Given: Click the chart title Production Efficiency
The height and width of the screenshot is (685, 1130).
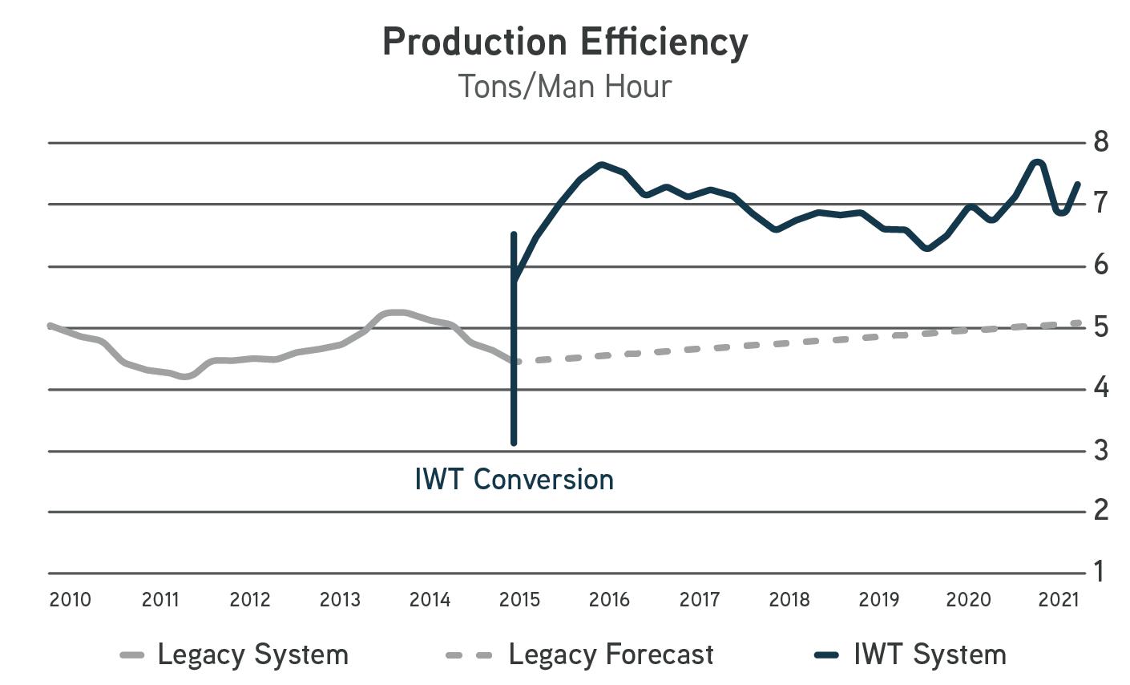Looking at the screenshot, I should point(565,42).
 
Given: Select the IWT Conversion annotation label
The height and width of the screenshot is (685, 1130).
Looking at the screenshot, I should point(515,480).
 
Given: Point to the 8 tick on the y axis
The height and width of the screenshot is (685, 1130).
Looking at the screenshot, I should point(1101,142).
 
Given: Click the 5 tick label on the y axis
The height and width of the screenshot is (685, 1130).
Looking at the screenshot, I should point(1101,327).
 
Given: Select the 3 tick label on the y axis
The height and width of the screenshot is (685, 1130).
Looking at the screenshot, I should point(1101,451).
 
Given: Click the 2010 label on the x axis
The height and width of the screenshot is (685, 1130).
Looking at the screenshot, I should point(71,599).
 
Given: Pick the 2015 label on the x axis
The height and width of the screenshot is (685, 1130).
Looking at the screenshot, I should point(519,599).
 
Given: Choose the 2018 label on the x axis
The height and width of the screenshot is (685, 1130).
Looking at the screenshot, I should point(789,599).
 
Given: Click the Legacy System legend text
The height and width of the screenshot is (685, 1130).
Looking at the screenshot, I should point(252,655).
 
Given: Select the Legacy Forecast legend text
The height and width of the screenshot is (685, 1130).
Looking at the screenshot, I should point(611,655).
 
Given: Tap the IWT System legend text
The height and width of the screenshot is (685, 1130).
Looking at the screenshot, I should point(930,655).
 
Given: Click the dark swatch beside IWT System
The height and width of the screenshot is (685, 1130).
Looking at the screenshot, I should point(826,655).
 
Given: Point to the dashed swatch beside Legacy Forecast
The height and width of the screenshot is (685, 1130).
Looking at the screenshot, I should point(468,655).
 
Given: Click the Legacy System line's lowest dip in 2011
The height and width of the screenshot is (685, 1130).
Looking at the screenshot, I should point(186,376).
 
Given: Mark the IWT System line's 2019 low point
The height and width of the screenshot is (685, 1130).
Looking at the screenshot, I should point(927,248).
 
